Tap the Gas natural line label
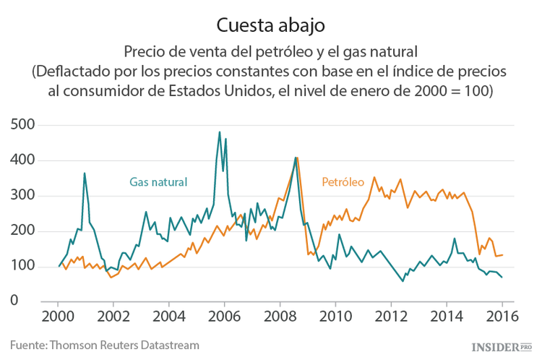[158, 182]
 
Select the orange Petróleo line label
[343, 182]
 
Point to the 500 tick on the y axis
[24, 125]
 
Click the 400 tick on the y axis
[24, 160]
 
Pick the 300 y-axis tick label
[24, 196]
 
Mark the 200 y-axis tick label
[24, 231]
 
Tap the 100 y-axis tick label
[24, 267]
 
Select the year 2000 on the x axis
[58, 317]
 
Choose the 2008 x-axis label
[280, 317]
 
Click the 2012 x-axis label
[391, 317]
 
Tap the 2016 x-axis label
[502, 317]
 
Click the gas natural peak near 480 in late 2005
[220, 132]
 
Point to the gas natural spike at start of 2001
[85, 173]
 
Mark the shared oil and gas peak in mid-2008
[296, 158]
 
